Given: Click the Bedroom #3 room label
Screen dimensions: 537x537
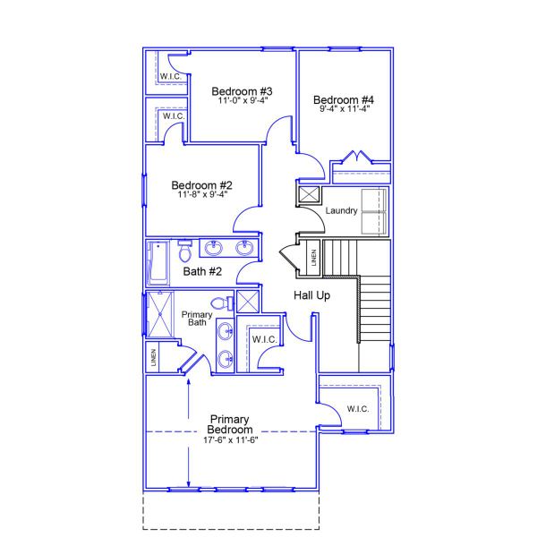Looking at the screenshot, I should (x=242, y=91).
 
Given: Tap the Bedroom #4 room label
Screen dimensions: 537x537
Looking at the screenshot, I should (x=344, y=98).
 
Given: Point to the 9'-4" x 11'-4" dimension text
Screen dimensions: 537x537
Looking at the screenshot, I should (x=344, y=108).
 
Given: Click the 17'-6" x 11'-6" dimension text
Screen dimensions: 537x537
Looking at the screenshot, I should (x=229, y=439).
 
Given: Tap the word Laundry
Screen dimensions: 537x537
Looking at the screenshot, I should (x=342, y=211).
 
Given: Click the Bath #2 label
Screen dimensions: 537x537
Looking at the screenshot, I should (x=202, y=271).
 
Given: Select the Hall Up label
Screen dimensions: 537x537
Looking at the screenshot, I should (x=312, y=295).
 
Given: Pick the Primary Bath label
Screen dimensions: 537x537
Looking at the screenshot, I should (x=197, y=319).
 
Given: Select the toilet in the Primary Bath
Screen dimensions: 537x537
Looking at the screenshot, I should (x=225, y=303).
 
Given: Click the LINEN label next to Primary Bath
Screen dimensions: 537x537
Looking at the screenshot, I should (x=154, y=358).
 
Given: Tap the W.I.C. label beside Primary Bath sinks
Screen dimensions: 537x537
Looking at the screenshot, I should (x=263, y=339).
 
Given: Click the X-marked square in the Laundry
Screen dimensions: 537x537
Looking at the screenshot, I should (x=309, y=194).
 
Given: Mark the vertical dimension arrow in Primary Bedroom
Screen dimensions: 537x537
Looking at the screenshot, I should (x=189, y=431).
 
